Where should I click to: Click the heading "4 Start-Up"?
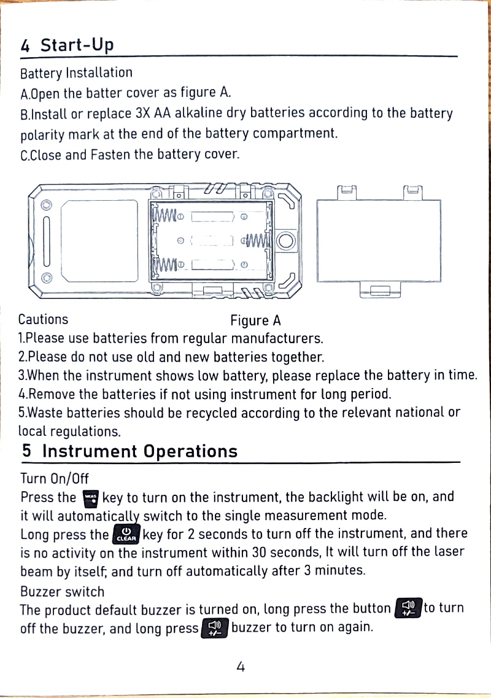pos(67,45)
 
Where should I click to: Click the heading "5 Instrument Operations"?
pos(130,452)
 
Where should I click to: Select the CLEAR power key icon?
pos(126,533)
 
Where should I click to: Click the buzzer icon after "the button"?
pos(408,609)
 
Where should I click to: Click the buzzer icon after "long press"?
pos(215,629)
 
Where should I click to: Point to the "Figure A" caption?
pos(255,320)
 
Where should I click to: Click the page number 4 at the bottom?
pos(241,666)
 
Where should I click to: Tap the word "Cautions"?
pos(43,319)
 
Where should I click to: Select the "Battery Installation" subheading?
pos(76,73)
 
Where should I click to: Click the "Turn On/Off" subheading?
pos(54,478)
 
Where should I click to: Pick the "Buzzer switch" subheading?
pos(62,592)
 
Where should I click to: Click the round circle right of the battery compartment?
pos(285,240)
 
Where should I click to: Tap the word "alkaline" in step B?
pos(199,114)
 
